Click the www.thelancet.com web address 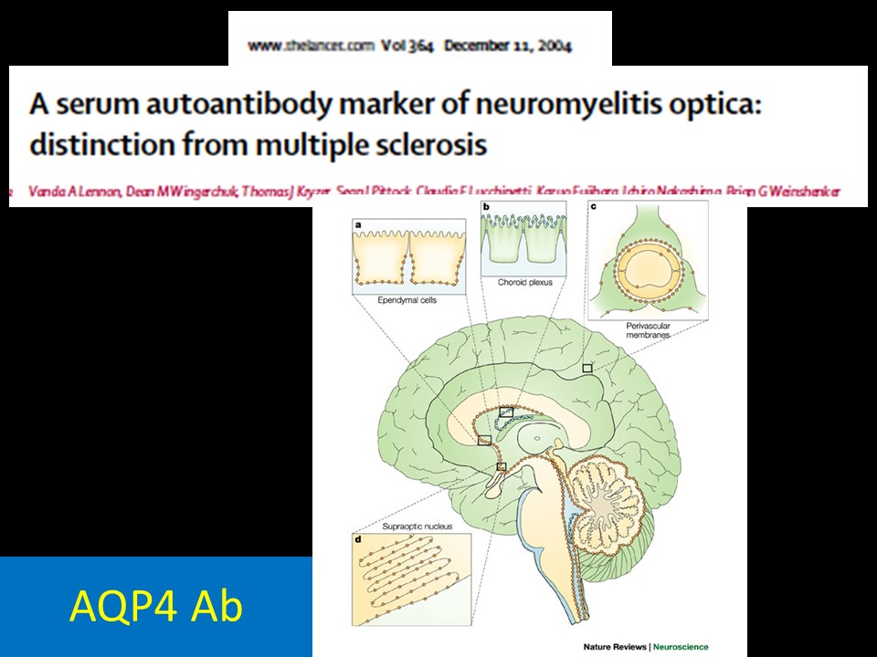312,47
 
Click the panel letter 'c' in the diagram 595,209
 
